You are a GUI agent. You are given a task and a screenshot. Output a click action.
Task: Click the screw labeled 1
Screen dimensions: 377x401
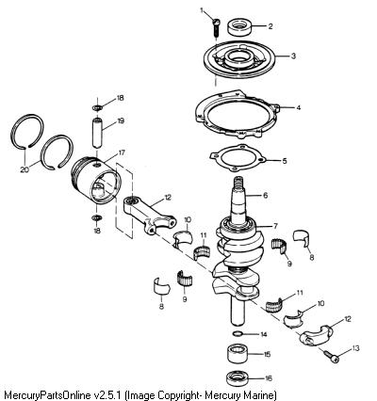click(x=216, y=28)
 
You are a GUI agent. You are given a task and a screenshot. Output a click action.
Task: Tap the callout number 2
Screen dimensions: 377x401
click(x=270, y=26)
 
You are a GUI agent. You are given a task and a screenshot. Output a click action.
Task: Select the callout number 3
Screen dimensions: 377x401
click(x=293, y=56)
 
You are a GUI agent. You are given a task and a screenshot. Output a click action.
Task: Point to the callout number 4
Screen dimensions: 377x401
click(x=298, y=107)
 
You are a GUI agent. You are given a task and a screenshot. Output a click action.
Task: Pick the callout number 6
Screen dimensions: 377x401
click(x=266, y=196)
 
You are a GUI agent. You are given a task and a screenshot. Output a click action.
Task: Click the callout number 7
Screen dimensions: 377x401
click(x=275, y=226)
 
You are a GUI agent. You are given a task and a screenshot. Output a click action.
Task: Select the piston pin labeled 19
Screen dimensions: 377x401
click(x=97, y=132)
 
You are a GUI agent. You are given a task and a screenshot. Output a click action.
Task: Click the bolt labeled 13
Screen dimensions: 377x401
click(x=331, y=357)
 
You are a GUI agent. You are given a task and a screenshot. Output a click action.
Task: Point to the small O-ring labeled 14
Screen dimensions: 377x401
click(x=238, y=333)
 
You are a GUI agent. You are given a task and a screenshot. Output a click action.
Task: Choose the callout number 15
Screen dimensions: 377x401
click(x=267, y=354)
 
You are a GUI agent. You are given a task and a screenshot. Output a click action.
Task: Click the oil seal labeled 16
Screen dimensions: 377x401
click(x=238, y=378)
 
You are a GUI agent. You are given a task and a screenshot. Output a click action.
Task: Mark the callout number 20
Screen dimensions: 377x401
click(x=25, y=169)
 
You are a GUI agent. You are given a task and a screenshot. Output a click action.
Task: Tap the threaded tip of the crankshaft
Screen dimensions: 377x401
click(x=238, y=182)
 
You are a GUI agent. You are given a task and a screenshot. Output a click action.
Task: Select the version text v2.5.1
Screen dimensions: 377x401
click(x=107, y=393)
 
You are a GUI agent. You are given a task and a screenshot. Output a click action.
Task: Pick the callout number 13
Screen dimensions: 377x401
click(x=355, y=348)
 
